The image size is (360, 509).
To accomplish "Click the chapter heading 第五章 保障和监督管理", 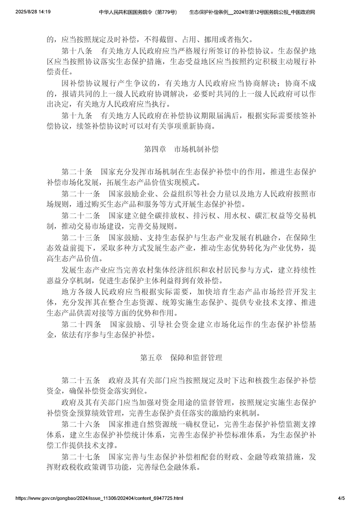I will coord(181,357).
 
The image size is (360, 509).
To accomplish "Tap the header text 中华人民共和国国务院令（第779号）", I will coord(138,11).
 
